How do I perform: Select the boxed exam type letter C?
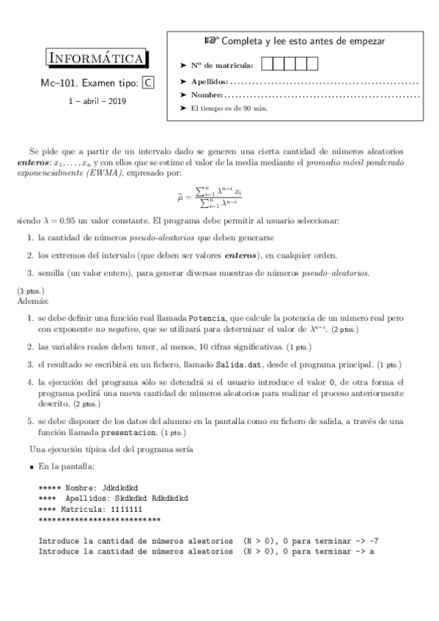149,83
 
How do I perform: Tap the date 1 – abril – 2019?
97,101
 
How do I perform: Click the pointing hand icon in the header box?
211,41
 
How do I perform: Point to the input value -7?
374,540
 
